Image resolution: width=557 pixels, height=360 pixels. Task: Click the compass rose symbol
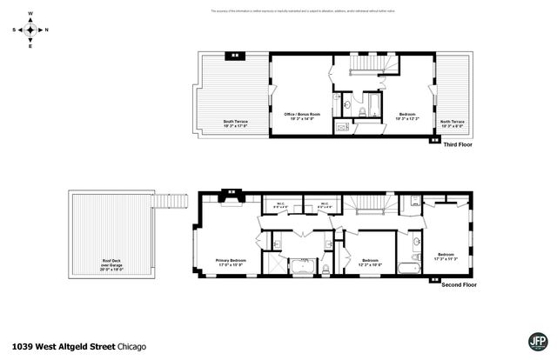tap(30, 30)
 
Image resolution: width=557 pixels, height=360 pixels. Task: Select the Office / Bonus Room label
tap(303, 117)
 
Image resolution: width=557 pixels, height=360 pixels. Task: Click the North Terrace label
tap(452, 123)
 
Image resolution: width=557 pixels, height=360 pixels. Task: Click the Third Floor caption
tap(457, 144)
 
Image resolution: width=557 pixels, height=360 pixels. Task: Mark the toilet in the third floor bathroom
tap(348, 103)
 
